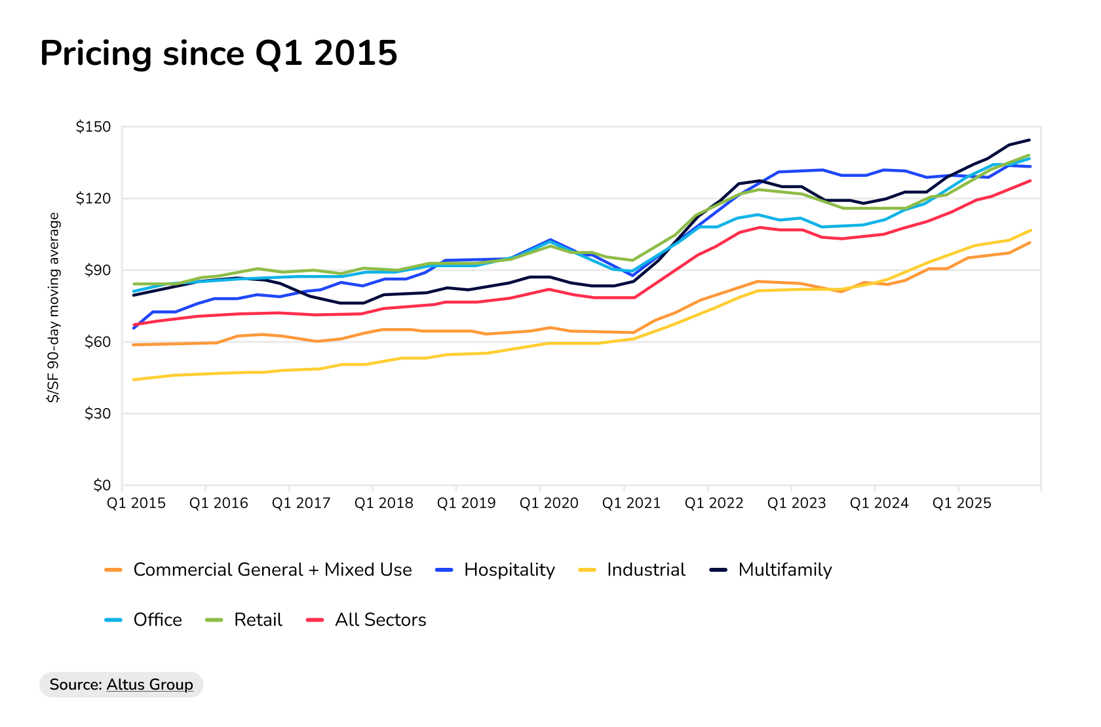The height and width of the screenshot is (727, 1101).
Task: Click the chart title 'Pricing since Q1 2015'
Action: (x=218, y=53)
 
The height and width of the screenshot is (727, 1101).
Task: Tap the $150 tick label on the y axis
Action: (x=93, y=126)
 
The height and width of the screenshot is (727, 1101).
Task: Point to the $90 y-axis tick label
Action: (x=97, y=270)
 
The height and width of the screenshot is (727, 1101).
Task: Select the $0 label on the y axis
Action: (x=102, y=485)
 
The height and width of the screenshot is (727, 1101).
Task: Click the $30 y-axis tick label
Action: (x=97, y=413)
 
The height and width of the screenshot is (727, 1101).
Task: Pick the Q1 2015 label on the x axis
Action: (x=136, y=503)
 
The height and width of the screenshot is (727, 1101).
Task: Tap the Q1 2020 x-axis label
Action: (x=549, y=503)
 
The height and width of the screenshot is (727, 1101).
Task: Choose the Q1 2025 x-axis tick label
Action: (x=962, y=503)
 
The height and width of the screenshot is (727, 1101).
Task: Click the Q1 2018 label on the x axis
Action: (x=384, y=503)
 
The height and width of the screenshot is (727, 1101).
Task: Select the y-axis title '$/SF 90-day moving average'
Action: (x=53, y=307)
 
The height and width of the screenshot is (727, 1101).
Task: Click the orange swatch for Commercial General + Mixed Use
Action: (x=114, y=570)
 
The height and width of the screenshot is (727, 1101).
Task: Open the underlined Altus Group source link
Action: (x=149, y=684)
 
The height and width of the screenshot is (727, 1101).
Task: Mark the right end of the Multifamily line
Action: (x=1030, y=140)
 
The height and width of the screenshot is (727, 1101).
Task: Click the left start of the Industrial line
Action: (x=134, y=379)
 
